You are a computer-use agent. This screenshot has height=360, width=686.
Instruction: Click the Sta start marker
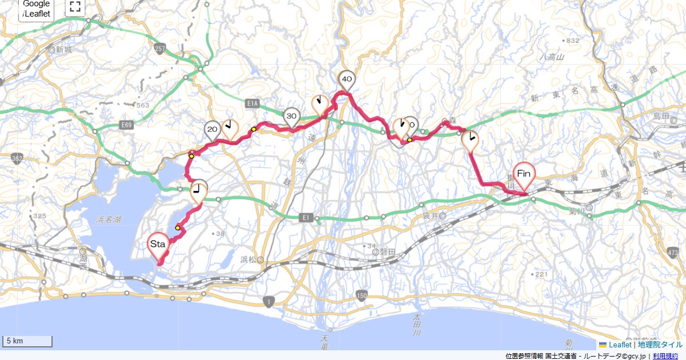point(158,244)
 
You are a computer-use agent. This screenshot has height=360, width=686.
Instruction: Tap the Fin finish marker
point(524,173)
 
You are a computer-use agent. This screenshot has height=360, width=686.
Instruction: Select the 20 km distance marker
point(212,130)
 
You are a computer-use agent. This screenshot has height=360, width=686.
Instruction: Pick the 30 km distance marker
point(292,116)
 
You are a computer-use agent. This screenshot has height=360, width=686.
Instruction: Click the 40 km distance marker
point(346,79)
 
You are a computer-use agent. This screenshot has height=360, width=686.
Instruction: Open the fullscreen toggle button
point(75,7)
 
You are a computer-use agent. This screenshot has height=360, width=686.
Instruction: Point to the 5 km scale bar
point(27,341)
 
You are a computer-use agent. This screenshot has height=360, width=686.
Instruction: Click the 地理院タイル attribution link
point(660,345)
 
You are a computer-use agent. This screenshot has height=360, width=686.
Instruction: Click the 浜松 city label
point(251,261)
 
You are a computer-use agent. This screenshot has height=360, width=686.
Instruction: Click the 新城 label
point(63,50)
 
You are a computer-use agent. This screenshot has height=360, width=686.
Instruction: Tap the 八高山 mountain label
point(552,57)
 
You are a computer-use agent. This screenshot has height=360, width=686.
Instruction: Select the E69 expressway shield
point(127,123)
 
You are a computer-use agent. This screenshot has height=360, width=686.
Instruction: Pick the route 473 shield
point(673,251)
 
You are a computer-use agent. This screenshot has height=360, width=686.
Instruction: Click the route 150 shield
point(361,295)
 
